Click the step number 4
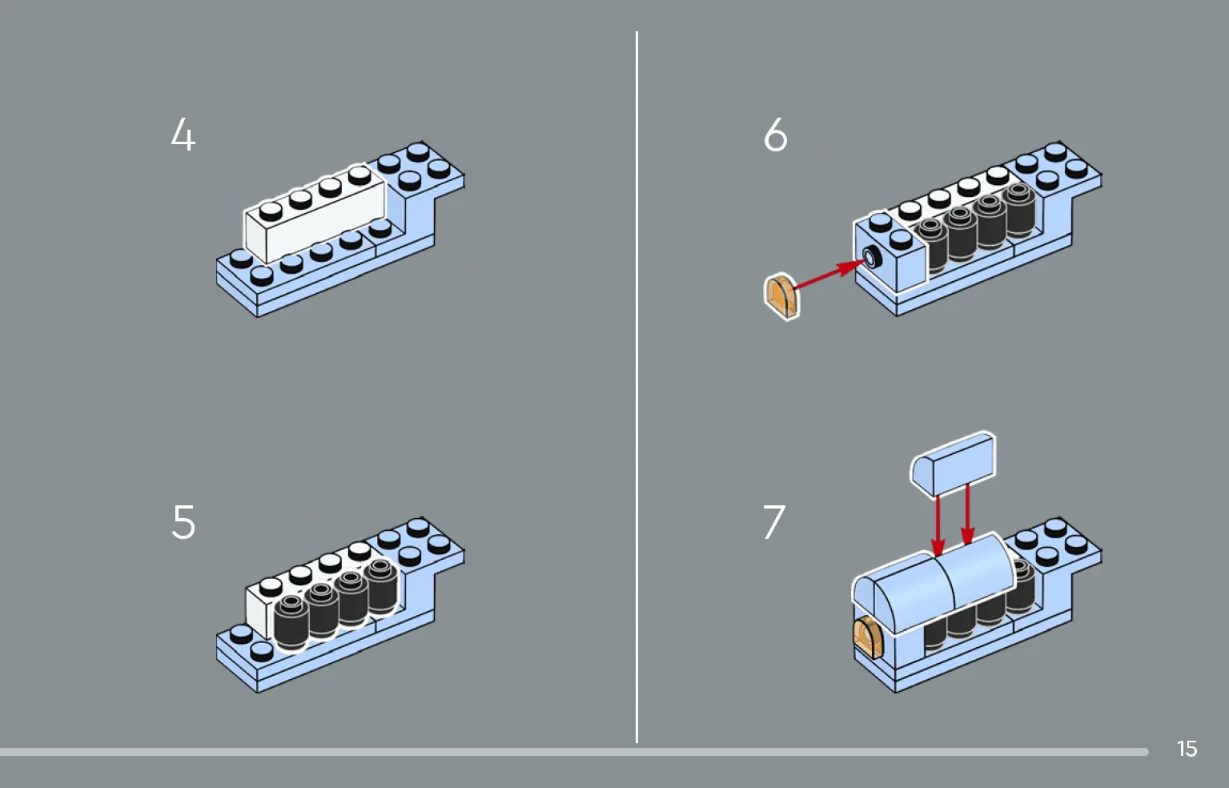(183, 135)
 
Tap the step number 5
(183, 522)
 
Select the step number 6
(775, 135)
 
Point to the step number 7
(773, 522)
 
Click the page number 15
(1187, 749)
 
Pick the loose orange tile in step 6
(781, 296)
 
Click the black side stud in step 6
(871, 258)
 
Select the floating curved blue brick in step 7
(953, 463)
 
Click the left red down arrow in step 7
(938, 525)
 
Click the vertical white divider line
(637, 384)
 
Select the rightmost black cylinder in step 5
(382, 585)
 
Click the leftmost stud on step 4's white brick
(271, 211)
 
